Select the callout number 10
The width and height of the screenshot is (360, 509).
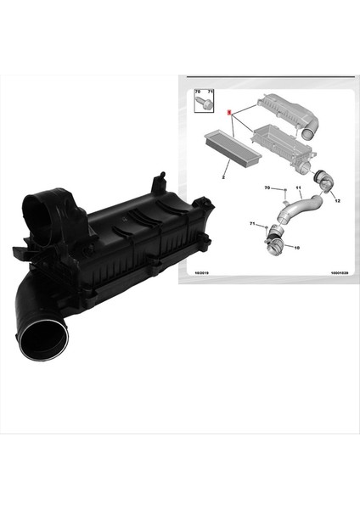pos(296,248)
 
